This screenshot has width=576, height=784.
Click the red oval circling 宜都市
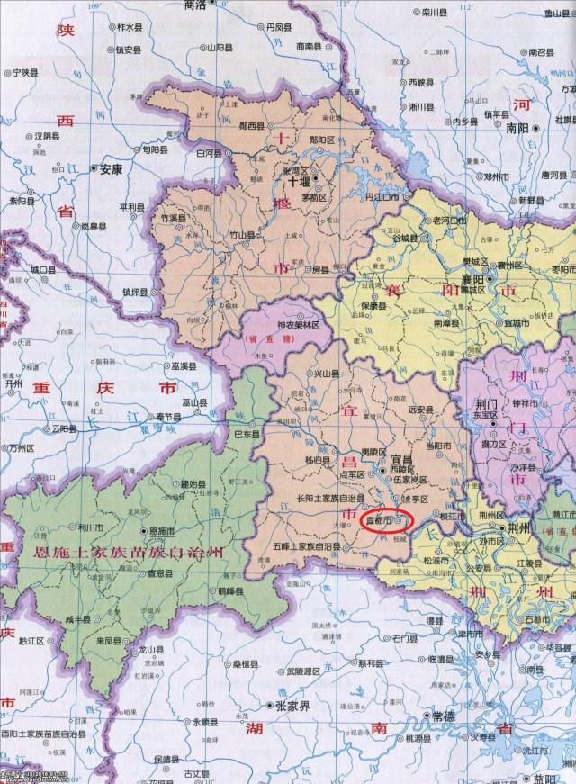pos(386,519)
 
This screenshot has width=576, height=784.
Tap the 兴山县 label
pos(326,373)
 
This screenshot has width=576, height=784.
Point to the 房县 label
pos(320,269)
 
